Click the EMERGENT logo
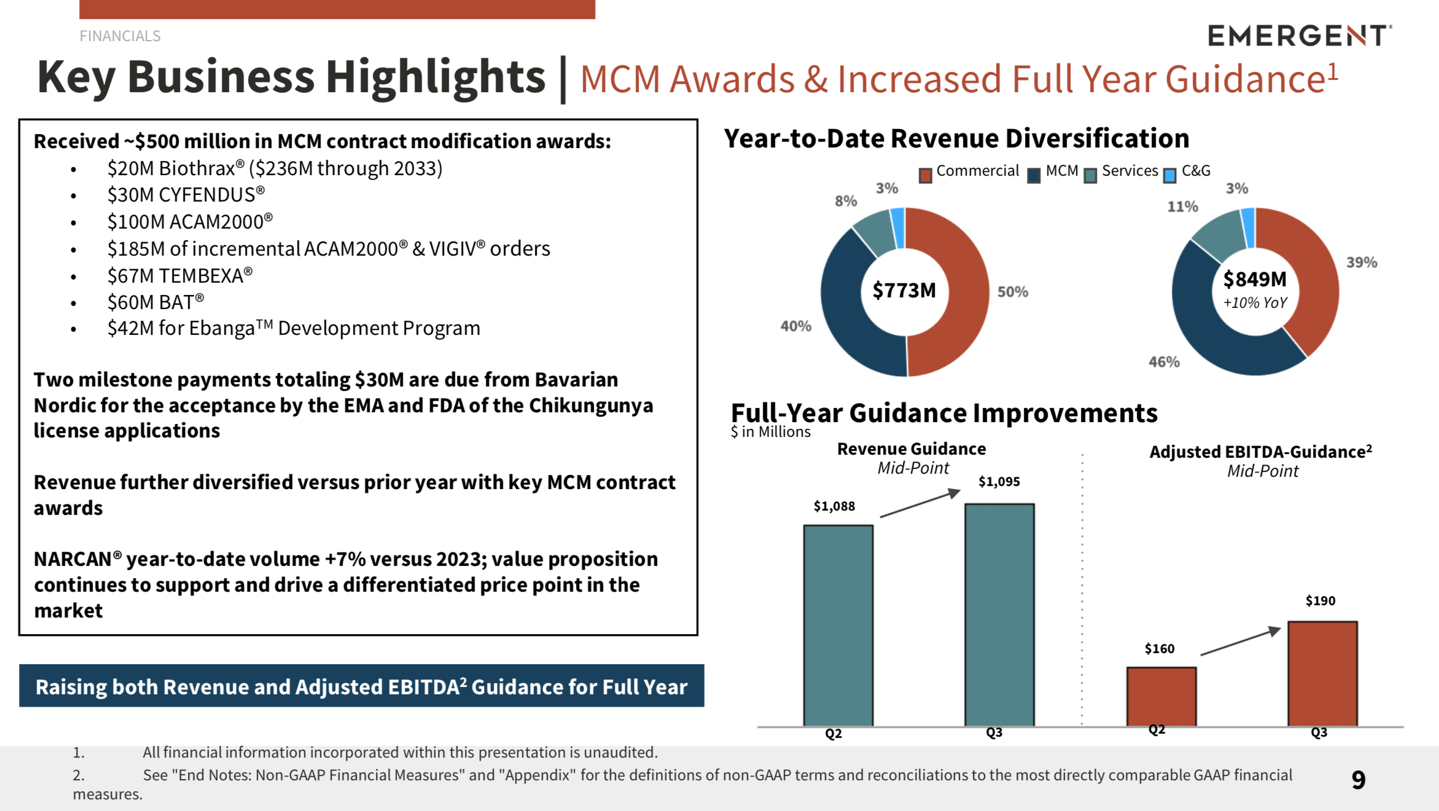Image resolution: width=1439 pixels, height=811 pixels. tap(1299, 36)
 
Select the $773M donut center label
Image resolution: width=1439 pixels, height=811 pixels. tap(904, 290)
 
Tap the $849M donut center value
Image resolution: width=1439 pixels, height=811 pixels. tap(1255, 280)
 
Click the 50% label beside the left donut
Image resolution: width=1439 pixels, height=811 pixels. tap(1012, 292)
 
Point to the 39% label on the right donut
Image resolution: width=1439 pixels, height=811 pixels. tap(1362, 262)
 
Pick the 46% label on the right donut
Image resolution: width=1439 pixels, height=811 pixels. tap(1164, 362)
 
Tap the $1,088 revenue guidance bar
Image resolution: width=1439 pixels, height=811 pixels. tap(838, 625)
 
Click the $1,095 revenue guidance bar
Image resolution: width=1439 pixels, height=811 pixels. tap(999, 614)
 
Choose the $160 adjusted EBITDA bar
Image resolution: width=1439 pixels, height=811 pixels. tap(1161, 696)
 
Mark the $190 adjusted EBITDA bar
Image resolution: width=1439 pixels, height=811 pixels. tap(1322, 673)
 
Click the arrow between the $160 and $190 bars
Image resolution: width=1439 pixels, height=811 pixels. tap(1240, 641)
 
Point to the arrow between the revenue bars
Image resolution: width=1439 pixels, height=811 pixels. tap(919, 503)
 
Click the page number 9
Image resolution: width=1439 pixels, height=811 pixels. tap(1359, 780)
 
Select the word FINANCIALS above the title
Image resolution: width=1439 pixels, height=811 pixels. tap(120, 36)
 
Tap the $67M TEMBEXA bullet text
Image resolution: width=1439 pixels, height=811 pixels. tap(180, 276)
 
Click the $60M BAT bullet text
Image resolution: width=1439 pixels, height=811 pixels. tap(155, 302)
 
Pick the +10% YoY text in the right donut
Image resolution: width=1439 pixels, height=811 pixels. tap(1255, 303)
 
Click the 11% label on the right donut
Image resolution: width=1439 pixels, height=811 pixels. tap(1182, 206)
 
